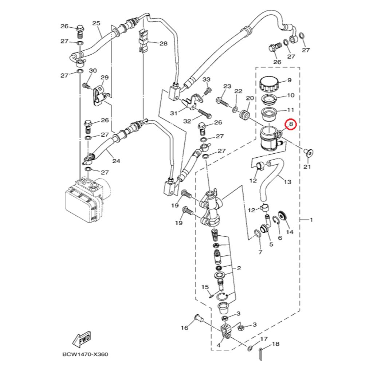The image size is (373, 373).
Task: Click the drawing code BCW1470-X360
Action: (85, 354)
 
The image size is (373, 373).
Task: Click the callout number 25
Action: (96, 23)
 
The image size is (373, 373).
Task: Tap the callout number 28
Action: (163, 43)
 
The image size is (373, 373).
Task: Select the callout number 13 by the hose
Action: (287, 181)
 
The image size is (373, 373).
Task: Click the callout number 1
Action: (311, 220)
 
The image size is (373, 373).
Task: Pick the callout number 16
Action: (185, 328)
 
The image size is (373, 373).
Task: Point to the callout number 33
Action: (207, 79)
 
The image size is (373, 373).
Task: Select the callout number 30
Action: (93, 70)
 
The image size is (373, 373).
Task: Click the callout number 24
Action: (116, 161)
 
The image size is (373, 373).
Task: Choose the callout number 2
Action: (239, 268)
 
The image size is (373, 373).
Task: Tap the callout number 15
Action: (205, 287)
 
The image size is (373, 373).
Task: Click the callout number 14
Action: (290, 232)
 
